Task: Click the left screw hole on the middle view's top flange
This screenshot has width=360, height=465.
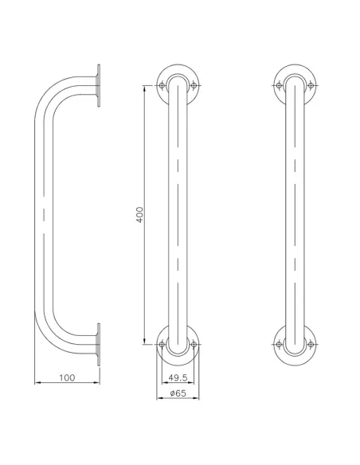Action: (x=162, y=85)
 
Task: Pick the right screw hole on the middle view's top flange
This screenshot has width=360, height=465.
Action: (x=192, y=85)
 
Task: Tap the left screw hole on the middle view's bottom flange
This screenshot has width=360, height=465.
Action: (x=162, y=344)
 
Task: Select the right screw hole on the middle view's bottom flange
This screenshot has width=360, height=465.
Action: (x=192, y=344)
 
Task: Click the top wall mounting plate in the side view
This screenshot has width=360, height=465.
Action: (x=99, y=85)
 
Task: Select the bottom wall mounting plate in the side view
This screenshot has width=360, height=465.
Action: (x=99, y=344)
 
